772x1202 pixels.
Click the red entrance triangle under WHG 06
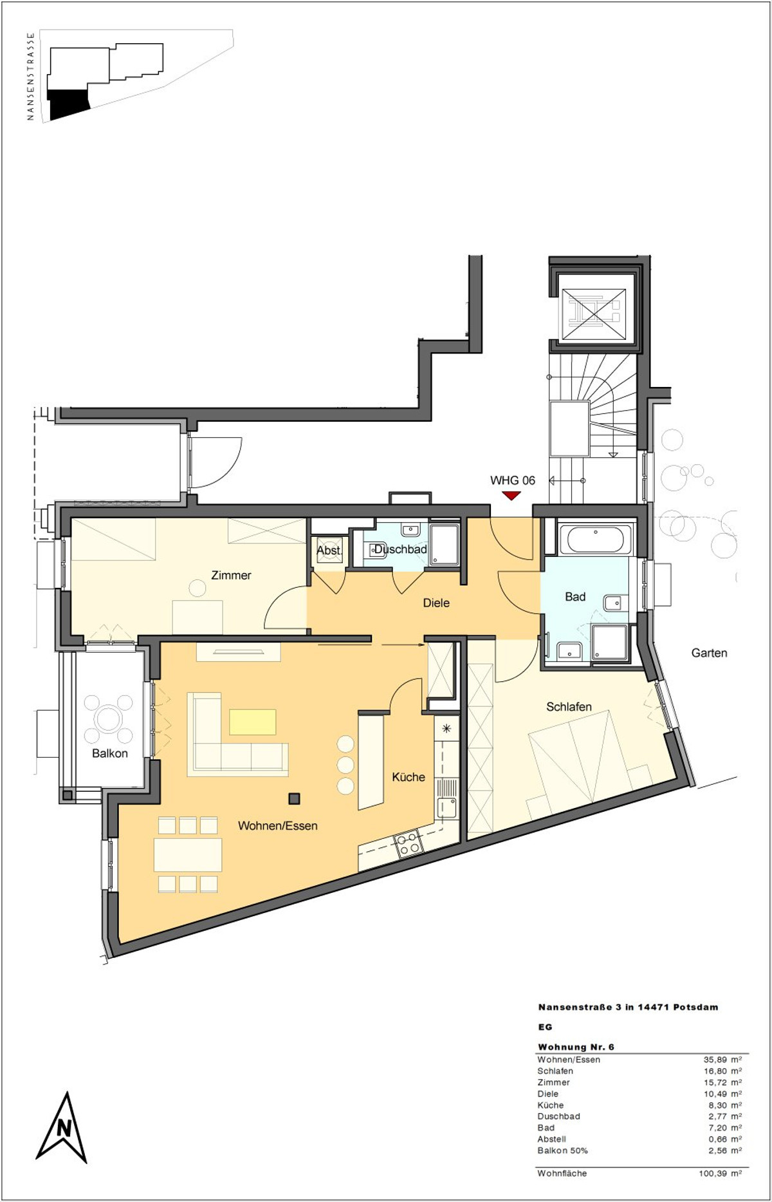pos(511,495)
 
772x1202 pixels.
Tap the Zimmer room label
pos(231,575)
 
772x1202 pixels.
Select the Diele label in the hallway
pos(436,603)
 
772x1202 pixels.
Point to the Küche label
pos(409,776)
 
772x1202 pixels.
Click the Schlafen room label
pos(569,706)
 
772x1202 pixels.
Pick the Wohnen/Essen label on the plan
pos(278,825)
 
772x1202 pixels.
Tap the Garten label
pos(709,652)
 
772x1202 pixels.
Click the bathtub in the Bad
pos(596,540)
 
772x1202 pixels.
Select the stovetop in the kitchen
pos(407,844)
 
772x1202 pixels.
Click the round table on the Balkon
pos(108,717)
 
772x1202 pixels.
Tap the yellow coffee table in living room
pos(252,722)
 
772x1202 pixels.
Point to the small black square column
pos(294,799)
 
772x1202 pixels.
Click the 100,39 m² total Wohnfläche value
pos(720,1173)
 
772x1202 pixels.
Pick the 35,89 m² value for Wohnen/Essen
pos(722,1059)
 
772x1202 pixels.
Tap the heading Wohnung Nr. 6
pos(576,1047)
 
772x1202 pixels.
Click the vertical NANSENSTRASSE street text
pos(30,77)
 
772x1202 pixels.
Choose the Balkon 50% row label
pos(562,1150)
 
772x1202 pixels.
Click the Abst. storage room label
pos(329,550)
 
